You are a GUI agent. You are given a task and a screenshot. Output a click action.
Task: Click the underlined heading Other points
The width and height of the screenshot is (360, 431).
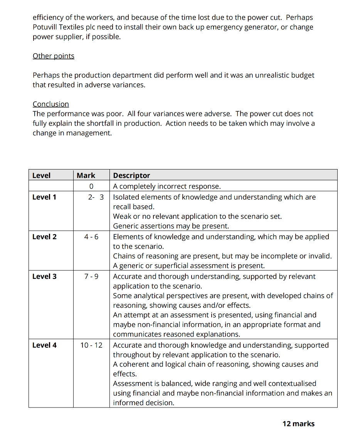53,56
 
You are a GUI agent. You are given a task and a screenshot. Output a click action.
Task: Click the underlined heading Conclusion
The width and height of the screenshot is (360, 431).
50,104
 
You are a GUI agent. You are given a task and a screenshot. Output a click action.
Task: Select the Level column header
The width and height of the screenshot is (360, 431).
41,176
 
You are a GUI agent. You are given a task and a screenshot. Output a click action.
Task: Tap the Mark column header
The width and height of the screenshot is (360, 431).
86,176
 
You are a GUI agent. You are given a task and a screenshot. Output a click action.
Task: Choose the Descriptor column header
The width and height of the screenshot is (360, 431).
131,176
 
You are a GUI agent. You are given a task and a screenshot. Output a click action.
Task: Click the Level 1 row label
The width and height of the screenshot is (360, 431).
44,197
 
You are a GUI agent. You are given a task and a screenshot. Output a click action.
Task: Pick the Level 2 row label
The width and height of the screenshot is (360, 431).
44,237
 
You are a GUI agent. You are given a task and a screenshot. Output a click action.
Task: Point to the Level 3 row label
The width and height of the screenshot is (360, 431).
44,277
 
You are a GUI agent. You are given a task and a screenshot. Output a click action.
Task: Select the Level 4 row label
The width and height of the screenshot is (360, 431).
44,345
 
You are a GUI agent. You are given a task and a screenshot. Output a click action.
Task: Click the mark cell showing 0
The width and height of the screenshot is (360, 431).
91,186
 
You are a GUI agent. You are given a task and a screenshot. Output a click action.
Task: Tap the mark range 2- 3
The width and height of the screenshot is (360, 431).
96,197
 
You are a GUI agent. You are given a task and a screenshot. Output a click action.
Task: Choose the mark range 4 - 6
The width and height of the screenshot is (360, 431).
91,237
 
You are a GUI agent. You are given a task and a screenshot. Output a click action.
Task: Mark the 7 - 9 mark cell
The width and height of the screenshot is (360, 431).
91,277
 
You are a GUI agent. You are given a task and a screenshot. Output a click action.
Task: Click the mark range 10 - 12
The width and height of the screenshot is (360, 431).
91,345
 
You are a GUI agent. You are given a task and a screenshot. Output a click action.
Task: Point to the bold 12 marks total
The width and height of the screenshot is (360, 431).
298,424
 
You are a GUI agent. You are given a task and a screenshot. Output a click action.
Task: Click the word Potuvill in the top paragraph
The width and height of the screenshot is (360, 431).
46,27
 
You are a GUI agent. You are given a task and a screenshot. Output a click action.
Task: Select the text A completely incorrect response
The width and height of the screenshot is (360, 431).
167,186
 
